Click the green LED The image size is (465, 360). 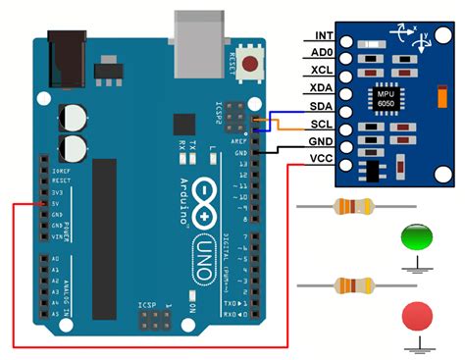(416, 238)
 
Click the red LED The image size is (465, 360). (416, 318)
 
